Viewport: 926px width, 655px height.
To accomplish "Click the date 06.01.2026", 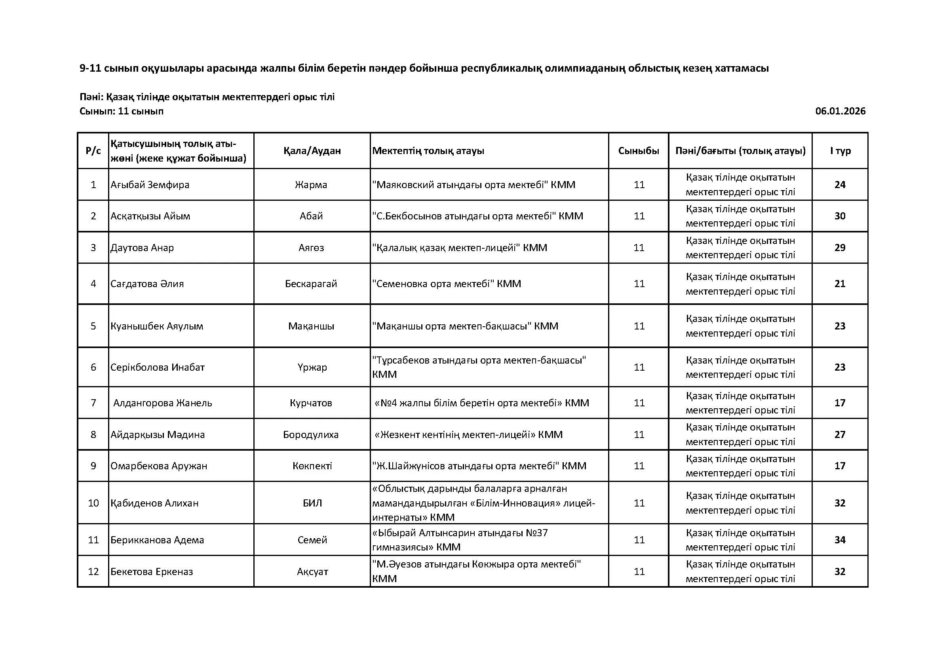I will pyautogui.click(x=840, y=111).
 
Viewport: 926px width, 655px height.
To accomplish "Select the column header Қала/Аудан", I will pyautogui.click(x=312, y=151).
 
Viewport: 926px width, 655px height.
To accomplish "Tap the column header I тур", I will pyautogui.click(x=840, y=151).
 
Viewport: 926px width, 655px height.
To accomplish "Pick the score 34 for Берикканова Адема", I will pyautogui.click(x=840, y=540).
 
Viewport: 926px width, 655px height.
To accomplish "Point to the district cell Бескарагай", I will pyautogui.click(x=311, y=284).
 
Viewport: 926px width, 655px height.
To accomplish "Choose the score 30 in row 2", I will pyautogui.click(x=840, y=216).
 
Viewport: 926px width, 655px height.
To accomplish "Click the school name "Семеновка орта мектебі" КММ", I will pyautogui.click(x=447, y=284).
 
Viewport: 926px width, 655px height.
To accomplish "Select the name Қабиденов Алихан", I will pyautogui.click(x=154, y=503).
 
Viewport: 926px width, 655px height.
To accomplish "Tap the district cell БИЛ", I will pyautogui.click(x=312, y=503).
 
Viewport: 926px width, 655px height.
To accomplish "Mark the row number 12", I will pyautogui.click(x=93, y=571).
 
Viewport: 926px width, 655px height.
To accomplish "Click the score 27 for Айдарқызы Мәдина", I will pyautogui.click(x=840, y=434).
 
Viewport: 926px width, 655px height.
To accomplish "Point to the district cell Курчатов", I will pyautogui.click(x=311, y=402).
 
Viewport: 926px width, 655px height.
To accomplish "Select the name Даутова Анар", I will pyautogui.click(x=142, y=248).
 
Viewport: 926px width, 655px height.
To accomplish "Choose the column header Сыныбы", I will pyautogui.click(x=639, y=151).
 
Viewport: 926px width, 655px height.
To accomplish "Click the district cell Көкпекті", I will pyautogui.click(x=312, y=466).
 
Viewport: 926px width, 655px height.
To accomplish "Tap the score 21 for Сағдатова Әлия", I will pyautogui.click(x=840, y=284).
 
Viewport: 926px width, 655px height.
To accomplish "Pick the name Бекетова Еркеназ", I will pyautogui.click(x=152, y=571).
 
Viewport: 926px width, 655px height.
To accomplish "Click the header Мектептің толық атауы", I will pyautogui.click(x=428, y=151).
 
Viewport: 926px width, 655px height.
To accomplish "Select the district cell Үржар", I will pyautogui.click(x=312, y=367).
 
